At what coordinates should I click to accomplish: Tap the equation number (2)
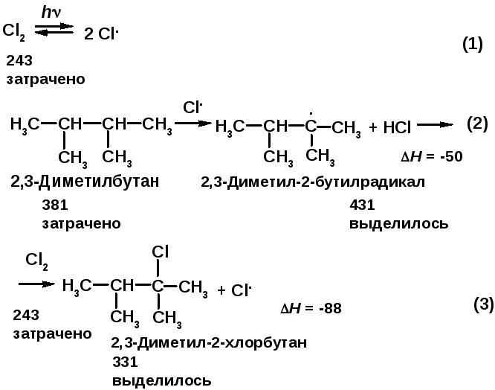(476, 123)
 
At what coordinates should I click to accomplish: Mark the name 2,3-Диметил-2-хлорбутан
(208, 343)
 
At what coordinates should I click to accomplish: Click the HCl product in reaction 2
(397, 128)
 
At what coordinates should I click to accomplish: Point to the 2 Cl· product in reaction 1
(102, 33)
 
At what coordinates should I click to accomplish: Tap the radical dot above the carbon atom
(311, 112)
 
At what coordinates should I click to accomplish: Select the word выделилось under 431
(398, 223)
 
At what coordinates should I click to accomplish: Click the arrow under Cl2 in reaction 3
(35, 284)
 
